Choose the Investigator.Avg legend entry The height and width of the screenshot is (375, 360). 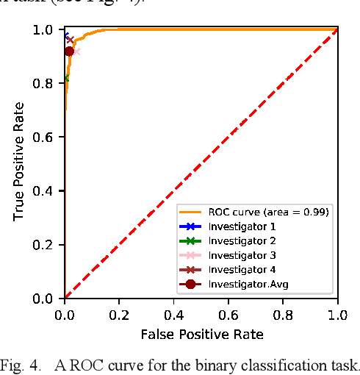[x=242, y=284]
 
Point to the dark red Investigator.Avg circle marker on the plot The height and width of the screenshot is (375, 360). [x=70, y=51]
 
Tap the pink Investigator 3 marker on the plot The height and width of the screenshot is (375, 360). [x=76, y=51]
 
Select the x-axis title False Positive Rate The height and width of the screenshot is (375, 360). [x=201, y=335]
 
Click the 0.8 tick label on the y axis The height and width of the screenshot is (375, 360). [x=49, y=84]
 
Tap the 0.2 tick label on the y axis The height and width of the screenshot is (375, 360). [x=49, y=245]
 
